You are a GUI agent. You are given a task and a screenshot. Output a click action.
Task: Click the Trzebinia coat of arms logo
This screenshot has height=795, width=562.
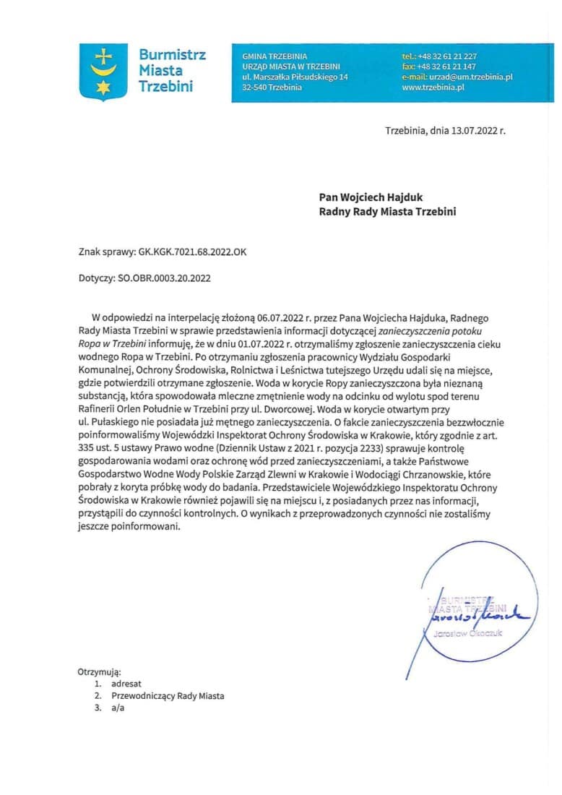pos(103,72)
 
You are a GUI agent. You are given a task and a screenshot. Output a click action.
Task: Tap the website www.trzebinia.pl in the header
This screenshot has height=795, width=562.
pos(433,87)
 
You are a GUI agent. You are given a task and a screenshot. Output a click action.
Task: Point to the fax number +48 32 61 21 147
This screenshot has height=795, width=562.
pos(447,66)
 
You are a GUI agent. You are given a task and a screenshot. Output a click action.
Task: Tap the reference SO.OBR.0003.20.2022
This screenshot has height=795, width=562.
pos(164,277)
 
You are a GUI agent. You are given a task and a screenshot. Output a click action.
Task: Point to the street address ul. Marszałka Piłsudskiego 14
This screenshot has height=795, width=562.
pos(295,77)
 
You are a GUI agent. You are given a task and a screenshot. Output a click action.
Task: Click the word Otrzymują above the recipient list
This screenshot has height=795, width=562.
pos(100,671)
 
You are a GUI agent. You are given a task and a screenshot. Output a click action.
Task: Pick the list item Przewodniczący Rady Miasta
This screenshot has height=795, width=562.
pos(168,696)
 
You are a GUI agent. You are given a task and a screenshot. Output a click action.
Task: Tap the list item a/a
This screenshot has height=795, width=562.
pos(118,708)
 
